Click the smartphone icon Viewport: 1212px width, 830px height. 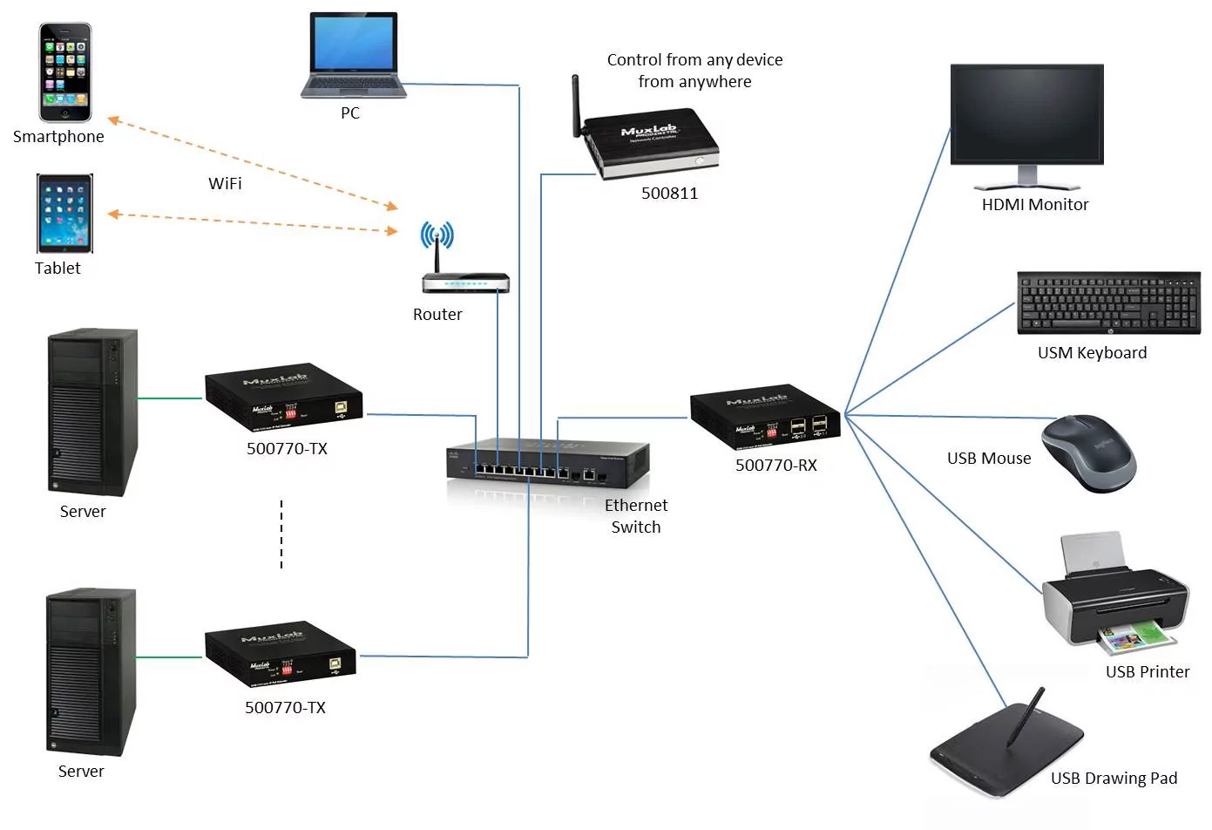tap(65, 73)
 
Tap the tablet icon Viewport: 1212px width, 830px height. tap(64, 214)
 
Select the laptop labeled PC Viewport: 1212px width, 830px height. tap(353, 55)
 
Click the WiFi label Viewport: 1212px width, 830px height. tap(225, 184)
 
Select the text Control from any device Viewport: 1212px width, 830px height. tap(694, 60)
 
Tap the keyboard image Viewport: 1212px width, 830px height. tap(1108, 303)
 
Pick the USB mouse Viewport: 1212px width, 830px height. tap(1089, 452)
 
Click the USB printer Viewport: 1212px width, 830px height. tap(1115, 602)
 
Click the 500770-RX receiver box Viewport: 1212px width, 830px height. tap(765, 416)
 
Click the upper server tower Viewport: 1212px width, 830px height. tap(92, 412)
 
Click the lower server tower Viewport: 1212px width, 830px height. tap(91, 670)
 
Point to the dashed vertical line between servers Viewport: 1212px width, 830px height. tap(281, 534)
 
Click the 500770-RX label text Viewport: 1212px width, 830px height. tap(775, 466)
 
